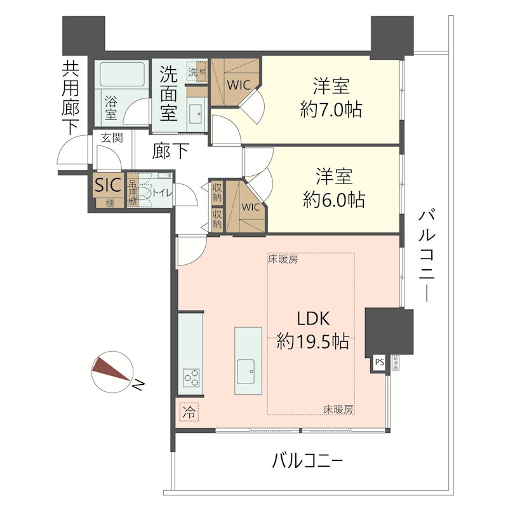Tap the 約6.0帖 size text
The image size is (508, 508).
[333, 200]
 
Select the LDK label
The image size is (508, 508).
[312, 318]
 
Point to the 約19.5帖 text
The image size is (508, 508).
[312, 342]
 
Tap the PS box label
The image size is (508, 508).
[380, 363]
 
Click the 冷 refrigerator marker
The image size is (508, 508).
[189, 411]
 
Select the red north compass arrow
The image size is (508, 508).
[109, 371]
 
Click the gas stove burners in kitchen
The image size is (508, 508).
[191, 378]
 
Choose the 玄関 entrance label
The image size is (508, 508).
[112, 138]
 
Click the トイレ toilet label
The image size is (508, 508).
[161, 194]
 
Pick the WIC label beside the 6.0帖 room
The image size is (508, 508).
[250, 207]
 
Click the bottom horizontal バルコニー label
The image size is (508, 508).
[307, 460]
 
